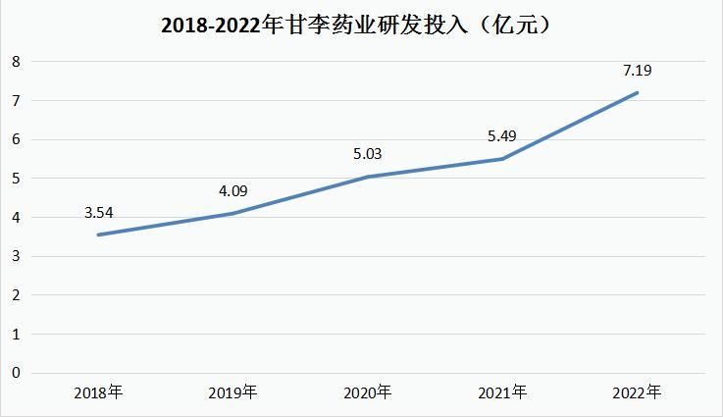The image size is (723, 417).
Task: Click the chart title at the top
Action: pos(361,26)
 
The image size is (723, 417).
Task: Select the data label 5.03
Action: pos(368,153)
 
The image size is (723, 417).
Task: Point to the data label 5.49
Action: pos(503,135)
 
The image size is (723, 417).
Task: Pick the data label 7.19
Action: pos(638,70)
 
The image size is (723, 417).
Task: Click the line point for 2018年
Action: pos(98,235)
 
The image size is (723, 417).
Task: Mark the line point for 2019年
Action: pos(233,213)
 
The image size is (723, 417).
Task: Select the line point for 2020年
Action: pos(368,177)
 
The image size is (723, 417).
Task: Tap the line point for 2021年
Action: pos(503,159)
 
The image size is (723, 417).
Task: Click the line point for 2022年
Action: pos(638,93)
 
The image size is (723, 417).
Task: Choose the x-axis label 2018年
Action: pos(98,393)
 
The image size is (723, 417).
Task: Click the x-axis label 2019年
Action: pos(233,393)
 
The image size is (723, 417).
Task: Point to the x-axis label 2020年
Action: pos(368,393)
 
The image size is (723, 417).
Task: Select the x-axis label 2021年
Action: pos(503,393)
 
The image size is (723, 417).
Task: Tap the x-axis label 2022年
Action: pos(638,393)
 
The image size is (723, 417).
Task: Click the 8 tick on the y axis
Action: pos(15,62)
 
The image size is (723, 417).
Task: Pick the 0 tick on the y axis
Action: pos(15,372)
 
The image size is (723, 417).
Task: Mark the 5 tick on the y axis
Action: pos(15,179)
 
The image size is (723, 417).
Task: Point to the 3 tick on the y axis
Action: pos(15,256)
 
